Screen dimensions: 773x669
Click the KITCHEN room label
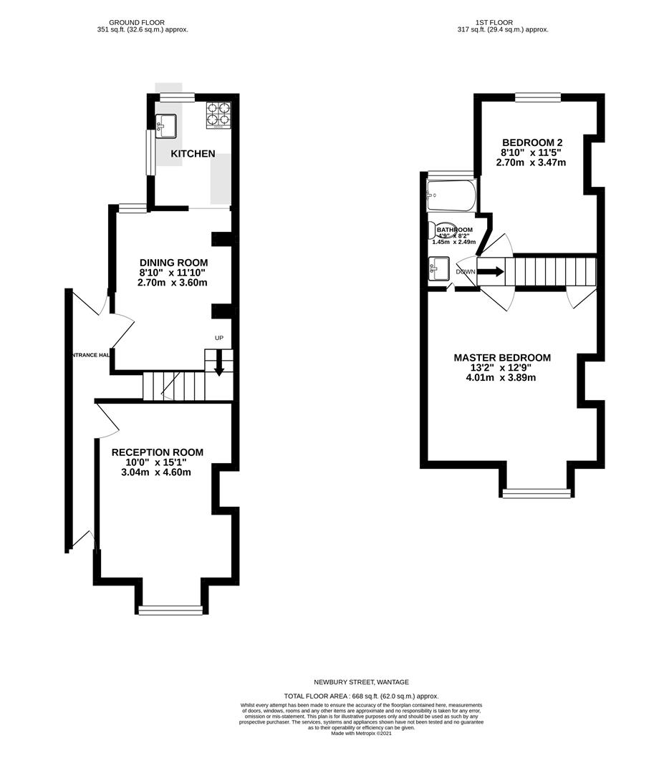coord(193,154)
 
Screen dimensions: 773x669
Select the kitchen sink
coord(167,126)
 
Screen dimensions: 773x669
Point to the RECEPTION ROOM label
coord(157,452)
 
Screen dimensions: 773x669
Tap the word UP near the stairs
coord(219,338)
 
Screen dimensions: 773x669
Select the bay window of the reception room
coord(170,610)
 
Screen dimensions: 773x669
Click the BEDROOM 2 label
coord(531,142)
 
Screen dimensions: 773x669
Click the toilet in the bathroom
coord(439,230)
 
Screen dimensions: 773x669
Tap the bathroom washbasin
coord(440,269)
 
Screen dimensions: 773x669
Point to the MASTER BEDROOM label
coord(502,358)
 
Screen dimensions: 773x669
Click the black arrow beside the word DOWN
coord(491,272)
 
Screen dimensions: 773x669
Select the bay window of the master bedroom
coord(536,492)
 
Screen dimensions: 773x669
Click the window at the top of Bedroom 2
coord(537,98)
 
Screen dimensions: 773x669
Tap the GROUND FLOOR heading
coord(143,22)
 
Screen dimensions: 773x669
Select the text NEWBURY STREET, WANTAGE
coord(361,682)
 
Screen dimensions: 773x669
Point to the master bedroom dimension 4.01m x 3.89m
coord(501,378)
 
